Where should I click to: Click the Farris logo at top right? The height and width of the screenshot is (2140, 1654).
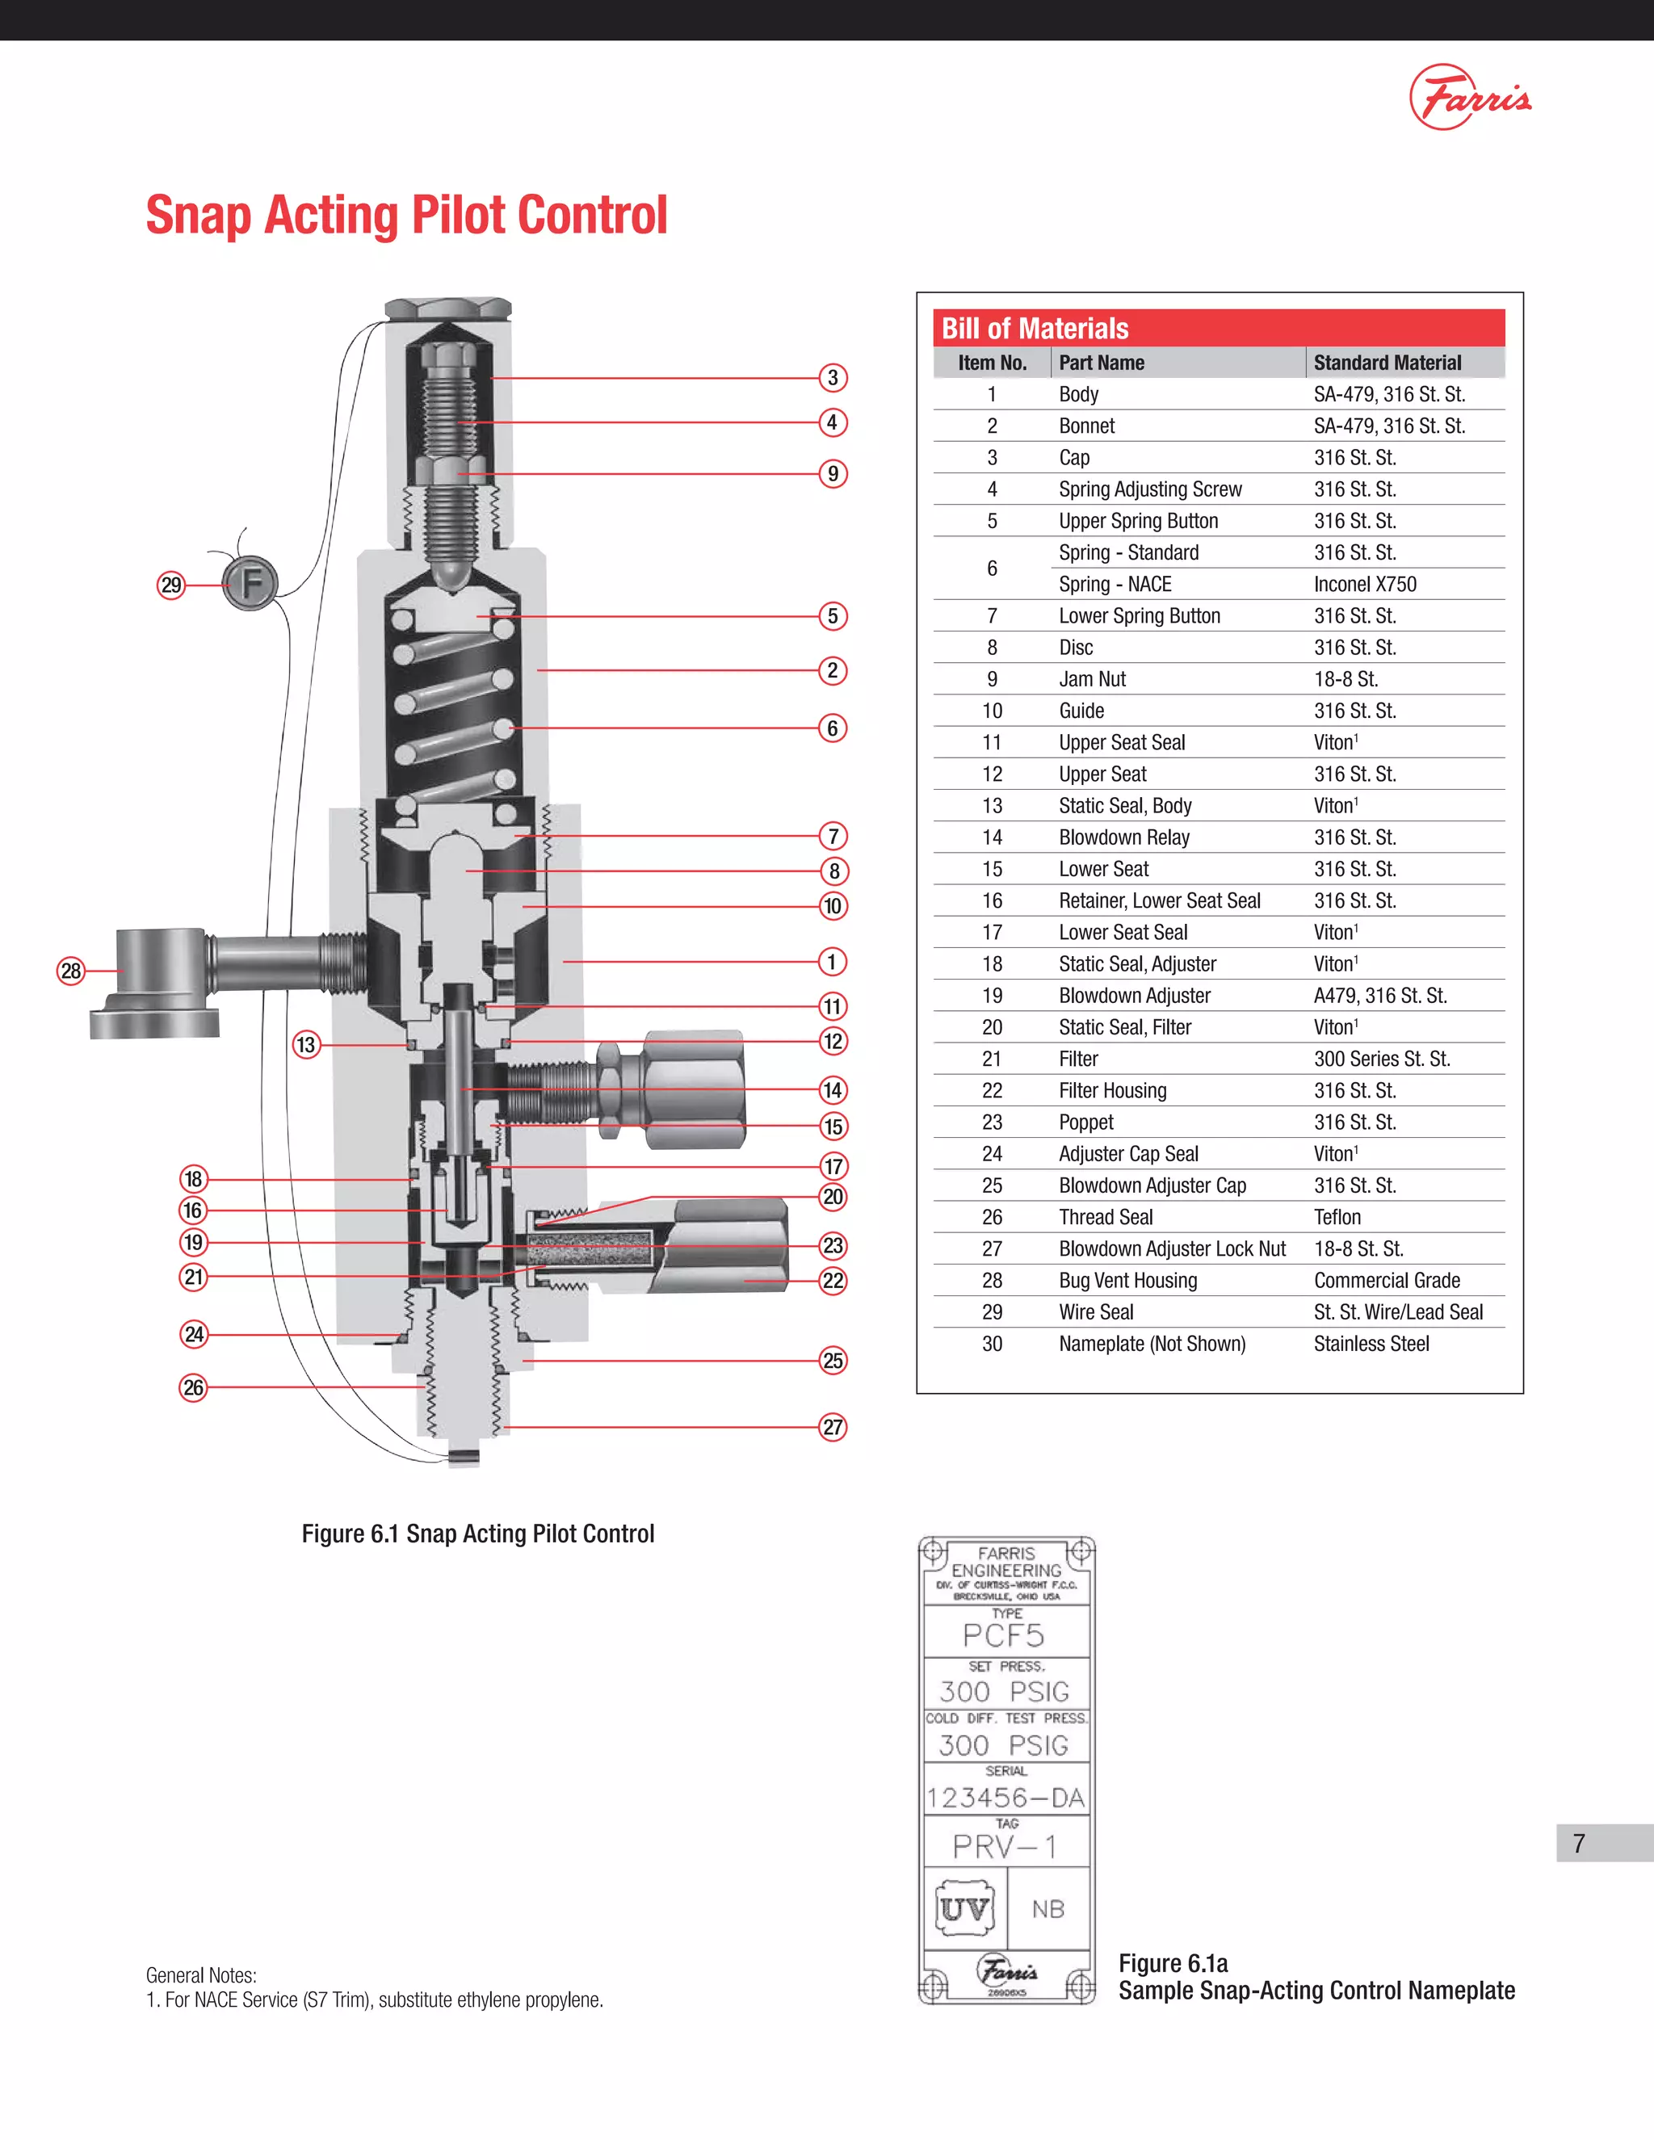(1470, 97)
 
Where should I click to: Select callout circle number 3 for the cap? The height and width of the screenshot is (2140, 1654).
(833, 377)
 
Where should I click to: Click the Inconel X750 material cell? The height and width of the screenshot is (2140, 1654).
(1365, 584)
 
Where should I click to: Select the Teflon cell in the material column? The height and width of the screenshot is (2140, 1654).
(1337, 1217)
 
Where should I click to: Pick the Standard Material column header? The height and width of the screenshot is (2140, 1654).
(1387, 363)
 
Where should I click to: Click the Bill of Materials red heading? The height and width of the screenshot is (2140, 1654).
(1035, 328)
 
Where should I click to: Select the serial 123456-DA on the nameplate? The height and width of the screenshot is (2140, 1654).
(1005, 1798)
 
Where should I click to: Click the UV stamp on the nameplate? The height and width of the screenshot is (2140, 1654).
(964, 1909)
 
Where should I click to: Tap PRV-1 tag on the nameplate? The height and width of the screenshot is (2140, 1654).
(1005, 1847)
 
